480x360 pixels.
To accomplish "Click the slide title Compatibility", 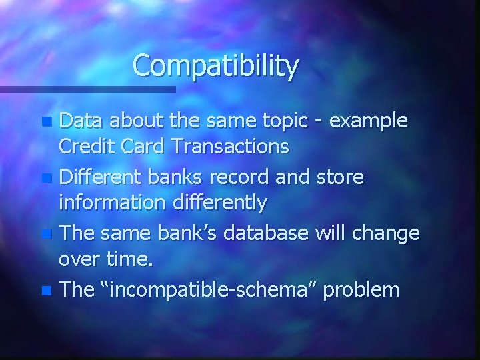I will pos(215,66).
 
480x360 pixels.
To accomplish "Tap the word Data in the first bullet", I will pos(83,121).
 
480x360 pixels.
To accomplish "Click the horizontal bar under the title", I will pos(87,89).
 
